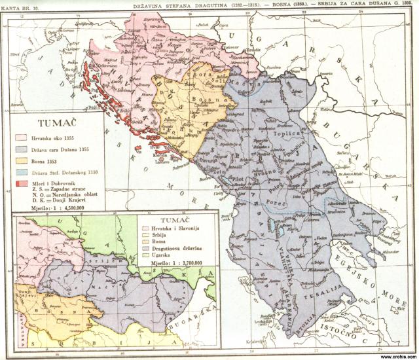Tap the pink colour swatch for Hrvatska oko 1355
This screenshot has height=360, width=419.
pyautogui.click(x=20, y=137)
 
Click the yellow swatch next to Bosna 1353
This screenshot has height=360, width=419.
pyautogui.click(x=20, y=161)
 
